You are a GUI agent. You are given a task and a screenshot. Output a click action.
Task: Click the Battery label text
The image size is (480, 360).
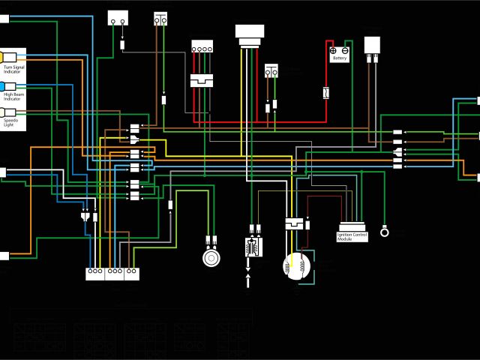[340, 58]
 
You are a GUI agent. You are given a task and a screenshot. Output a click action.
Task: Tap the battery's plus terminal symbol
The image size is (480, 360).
[334, 50]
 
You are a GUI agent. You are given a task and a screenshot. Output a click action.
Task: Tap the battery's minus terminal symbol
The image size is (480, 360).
[346, 50]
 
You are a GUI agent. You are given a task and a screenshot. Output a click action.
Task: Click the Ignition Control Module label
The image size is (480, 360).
[352, 236]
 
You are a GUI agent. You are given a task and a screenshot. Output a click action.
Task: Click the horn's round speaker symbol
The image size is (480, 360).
[211, 257]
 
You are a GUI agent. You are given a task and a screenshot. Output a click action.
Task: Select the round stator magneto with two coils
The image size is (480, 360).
[296, 266]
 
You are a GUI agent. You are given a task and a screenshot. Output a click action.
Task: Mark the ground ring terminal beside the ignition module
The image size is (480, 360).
[385, 231]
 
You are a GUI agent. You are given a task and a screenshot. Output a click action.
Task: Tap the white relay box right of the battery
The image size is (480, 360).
[373, 44]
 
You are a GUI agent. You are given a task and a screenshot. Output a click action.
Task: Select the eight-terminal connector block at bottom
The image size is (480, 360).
[113, 273]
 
